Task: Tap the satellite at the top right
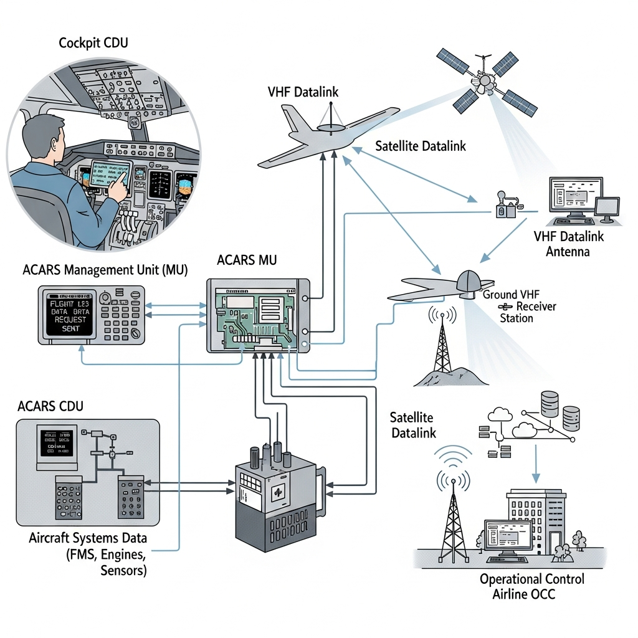tap(485, 79)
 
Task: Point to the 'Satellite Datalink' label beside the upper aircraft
tap(421, 146)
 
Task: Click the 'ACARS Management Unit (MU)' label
tap(105, 270)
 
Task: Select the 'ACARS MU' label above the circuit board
tap(246, 260)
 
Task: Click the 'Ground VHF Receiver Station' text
tap(519, 306)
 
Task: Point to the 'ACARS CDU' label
tap(50, 406)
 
